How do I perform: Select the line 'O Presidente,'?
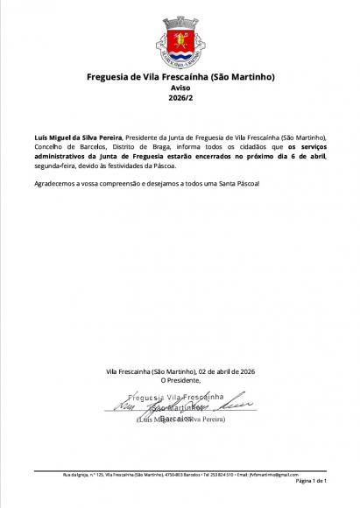tap(180, 380)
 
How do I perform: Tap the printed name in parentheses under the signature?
tap(180, 420)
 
